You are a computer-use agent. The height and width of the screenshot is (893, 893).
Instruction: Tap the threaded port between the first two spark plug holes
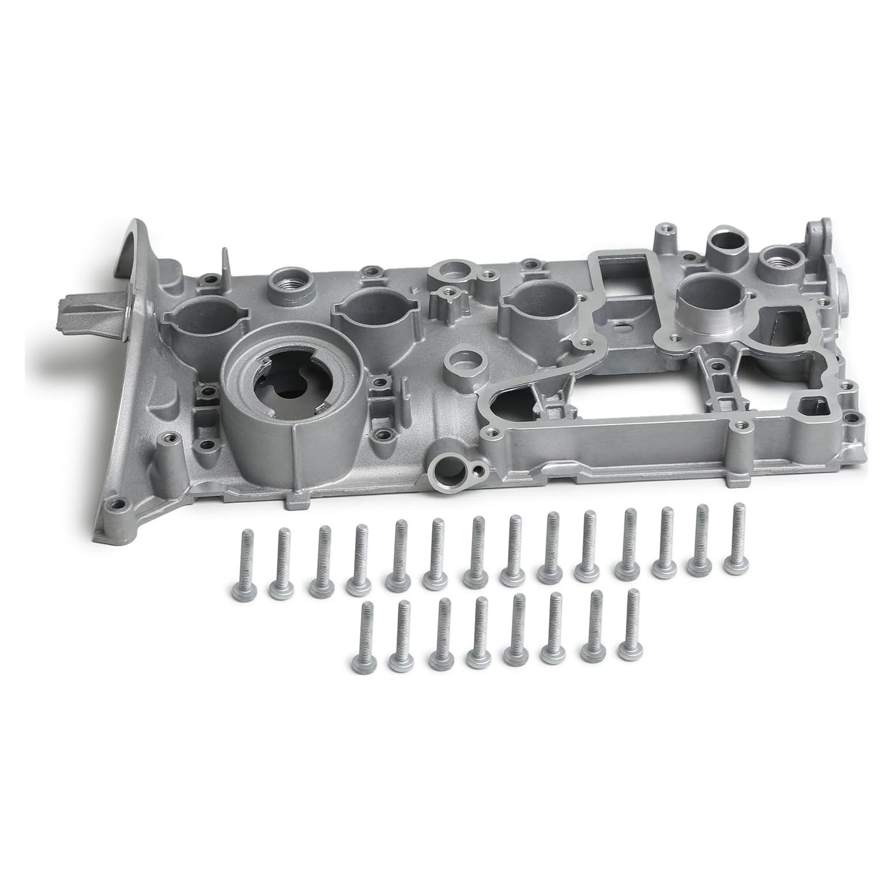tap(287, 283)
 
